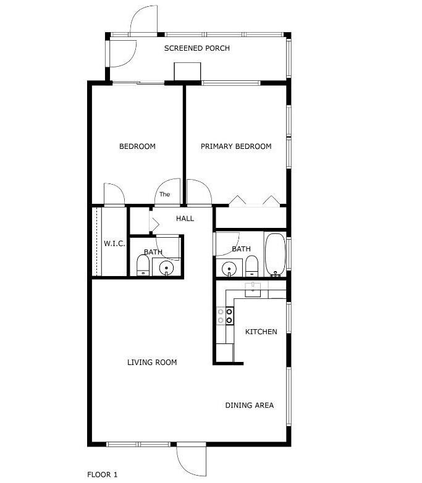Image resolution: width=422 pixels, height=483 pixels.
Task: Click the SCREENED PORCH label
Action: point(196,48)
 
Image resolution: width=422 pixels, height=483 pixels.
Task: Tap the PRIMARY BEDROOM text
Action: point(236,146)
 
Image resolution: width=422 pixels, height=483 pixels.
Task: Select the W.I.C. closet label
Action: point(114,244)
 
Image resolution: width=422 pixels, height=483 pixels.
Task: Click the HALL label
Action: point(185,218)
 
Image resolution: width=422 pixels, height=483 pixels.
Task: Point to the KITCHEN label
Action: point(261,332)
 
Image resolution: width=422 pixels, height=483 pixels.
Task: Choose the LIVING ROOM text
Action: point(152,362)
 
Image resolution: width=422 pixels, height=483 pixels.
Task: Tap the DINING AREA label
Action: point(249,405)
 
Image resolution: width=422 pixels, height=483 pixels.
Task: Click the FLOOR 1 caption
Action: point(102,474)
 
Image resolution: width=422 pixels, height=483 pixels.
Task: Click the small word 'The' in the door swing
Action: point(164,194)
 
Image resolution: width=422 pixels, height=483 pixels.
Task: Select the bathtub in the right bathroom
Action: point(274,254)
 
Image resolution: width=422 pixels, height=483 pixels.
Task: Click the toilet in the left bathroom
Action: point(143,266)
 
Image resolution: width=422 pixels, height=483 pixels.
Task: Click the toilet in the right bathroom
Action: point(251,266)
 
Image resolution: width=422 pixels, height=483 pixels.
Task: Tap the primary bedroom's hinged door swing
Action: point(199,192)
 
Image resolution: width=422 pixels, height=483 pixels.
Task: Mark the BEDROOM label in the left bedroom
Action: point(137,146)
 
